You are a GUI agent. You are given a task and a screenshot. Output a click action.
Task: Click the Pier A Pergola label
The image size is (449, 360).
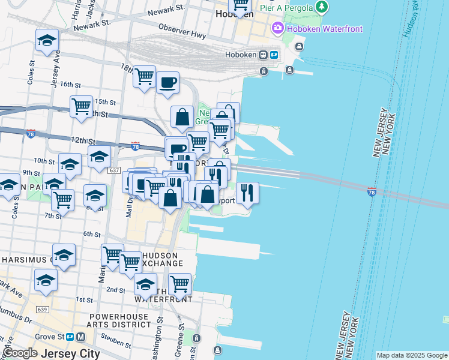pos(286,7)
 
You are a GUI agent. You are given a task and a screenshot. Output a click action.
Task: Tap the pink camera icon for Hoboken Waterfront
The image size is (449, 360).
pos(277,27)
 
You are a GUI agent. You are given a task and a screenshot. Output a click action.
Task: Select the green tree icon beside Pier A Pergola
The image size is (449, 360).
pos(323,7)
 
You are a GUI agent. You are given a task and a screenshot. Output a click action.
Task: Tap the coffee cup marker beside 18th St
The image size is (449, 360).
pos(167,82)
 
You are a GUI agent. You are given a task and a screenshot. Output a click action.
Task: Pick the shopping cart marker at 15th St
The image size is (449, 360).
pos(81,107)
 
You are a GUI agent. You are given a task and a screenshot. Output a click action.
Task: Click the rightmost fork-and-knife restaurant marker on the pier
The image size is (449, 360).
pos(247,193)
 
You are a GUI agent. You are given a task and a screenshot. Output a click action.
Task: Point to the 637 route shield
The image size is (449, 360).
pos(114,171)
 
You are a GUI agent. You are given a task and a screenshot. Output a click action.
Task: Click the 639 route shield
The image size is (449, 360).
pos(42,310)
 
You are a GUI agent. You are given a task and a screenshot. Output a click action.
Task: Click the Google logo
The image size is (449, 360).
pos(20,353)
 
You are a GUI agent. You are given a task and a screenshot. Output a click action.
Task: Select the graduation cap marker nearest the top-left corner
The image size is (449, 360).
pos(47,40)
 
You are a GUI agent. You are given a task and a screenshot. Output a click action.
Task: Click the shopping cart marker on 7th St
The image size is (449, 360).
pos(62,200)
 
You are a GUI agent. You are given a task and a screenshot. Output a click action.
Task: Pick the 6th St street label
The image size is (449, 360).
pos(91,234)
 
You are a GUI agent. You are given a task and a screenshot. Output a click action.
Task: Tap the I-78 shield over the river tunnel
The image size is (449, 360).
pos(372,192)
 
